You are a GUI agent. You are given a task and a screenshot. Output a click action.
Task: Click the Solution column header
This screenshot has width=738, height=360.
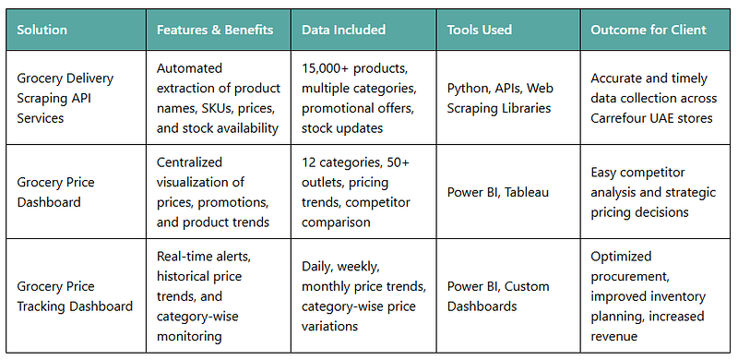pos(42,30)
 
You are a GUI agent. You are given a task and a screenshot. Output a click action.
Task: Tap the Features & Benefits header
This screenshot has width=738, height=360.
pos(215,30)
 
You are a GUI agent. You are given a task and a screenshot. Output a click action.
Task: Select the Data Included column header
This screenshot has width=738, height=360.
pos(343,30)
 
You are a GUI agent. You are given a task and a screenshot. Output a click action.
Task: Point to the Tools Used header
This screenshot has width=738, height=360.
pos(479,30)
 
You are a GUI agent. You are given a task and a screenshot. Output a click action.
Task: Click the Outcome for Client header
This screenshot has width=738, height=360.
pos(649,30)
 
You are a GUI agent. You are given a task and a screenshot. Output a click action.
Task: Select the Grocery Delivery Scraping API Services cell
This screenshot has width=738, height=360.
pos(65,98)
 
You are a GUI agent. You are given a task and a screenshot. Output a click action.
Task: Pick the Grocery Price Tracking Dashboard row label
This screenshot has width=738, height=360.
pos(75,296)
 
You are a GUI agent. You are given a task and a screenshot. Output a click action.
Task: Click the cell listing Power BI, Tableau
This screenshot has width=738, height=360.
pos(498,192)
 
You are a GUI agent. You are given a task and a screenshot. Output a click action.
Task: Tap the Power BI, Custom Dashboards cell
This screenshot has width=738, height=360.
pos(498,296)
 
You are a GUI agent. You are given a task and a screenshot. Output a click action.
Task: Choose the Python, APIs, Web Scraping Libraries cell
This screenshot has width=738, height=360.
pos(500,98)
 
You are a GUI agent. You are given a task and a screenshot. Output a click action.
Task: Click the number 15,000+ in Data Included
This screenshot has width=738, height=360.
pos(326,68)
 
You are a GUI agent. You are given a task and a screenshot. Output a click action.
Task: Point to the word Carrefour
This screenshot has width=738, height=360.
pos(617,118)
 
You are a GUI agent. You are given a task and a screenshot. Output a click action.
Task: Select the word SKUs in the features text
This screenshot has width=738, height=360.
pos(216,108)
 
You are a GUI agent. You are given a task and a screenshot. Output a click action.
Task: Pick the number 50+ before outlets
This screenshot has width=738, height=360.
pos(399,162)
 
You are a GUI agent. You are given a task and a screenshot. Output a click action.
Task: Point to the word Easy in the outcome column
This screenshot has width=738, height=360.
pos(603,173)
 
